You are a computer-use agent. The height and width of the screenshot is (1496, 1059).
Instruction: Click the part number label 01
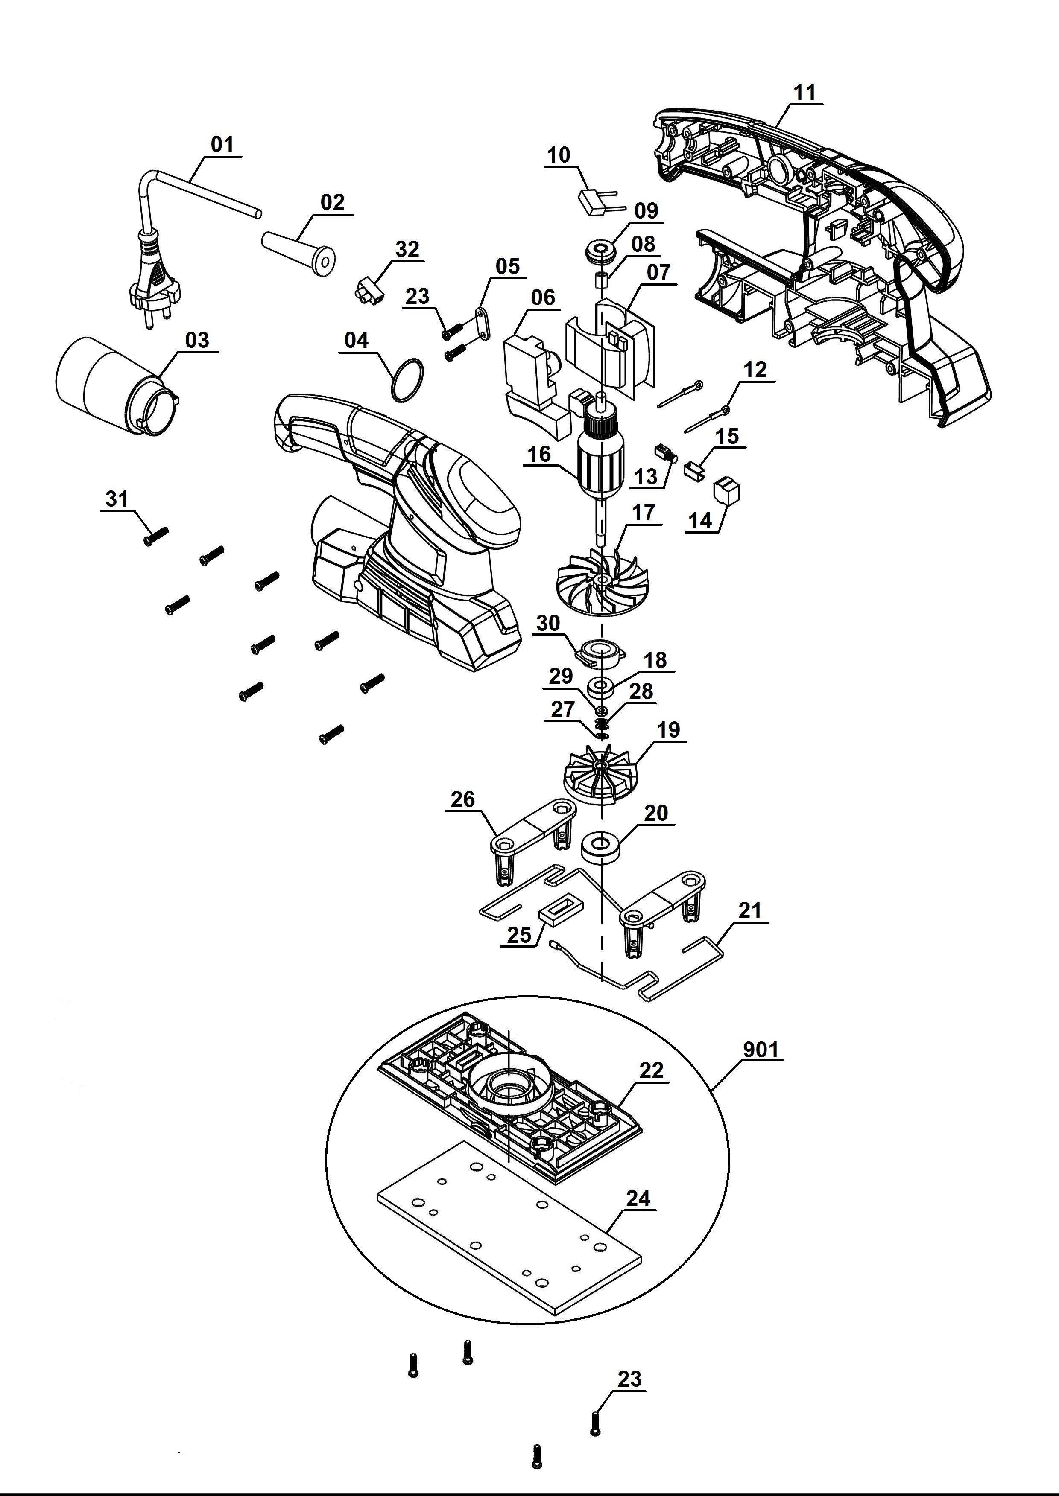click(222, 144)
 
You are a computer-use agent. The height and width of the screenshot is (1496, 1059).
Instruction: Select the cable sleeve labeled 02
click(300, 249)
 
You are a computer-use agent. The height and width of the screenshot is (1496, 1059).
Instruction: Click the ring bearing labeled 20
click(600, 846)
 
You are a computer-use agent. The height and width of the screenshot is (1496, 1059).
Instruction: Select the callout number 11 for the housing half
click(804, 92)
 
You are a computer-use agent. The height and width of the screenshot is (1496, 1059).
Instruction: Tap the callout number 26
click(462, 799)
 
